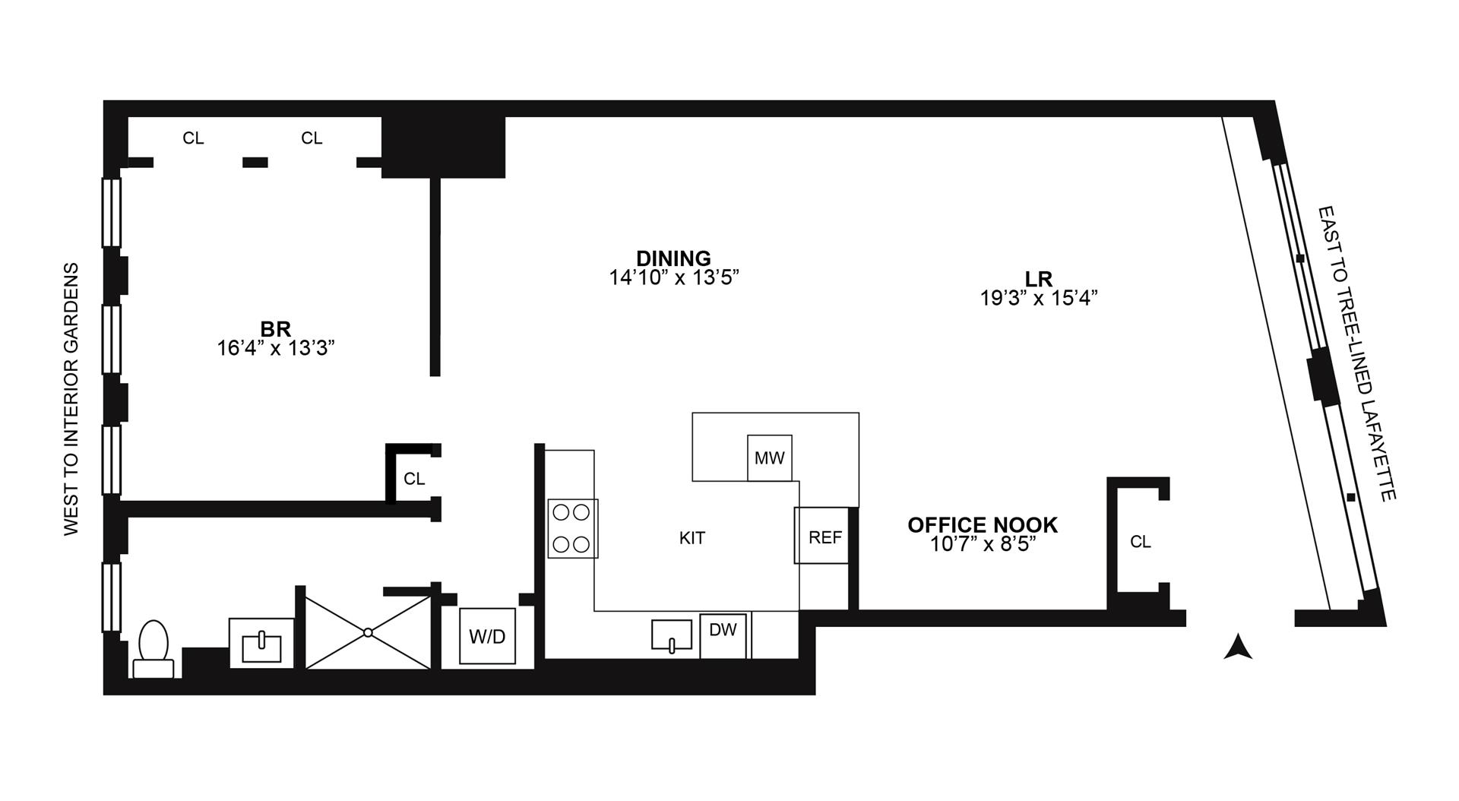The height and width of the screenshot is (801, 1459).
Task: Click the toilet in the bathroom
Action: [x=154, y=647]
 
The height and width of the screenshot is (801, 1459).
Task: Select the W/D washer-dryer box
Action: [x=487, y=636]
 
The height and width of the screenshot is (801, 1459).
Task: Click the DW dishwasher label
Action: [x=723, y=629]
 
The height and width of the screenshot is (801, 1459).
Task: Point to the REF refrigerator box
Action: [x=824, y=537]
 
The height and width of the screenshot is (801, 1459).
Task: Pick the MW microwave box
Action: [x=769, y=457]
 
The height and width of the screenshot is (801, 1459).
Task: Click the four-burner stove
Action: [x=572, y=528]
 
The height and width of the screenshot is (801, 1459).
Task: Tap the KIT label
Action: [x=692, y=538]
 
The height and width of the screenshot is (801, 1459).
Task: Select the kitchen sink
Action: [x=672, y=635]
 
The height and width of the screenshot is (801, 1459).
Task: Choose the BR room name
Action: [x=275, y=330]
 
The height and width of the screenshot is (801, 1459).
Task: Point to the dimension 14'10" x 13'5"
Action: [x=674, y=277]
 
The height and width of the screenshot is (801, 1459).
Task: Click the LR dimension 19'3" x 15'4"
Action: [x=1039, y=298]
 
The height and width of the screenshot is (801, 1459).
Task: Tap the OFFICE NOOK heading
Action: [x=983, y=524]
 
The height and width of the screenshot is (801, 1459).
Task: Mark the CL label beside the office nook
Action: [x=1141, y=542]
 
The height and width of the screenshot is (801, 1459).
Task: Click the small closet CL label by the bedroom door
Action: [x=414, y=479]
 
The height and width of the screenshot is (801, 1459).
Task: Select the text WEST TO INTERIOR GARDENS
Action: [x=71, y=399]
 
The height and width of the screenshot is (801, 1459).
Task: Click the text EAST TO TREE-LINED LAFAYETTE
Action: [x=1357, y=353]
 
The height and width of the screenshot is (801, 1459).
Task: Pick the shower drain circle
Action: [x=368, y=632]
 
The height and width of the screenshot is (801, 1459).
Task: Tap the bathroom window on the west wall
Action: [x=112, y=597]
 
